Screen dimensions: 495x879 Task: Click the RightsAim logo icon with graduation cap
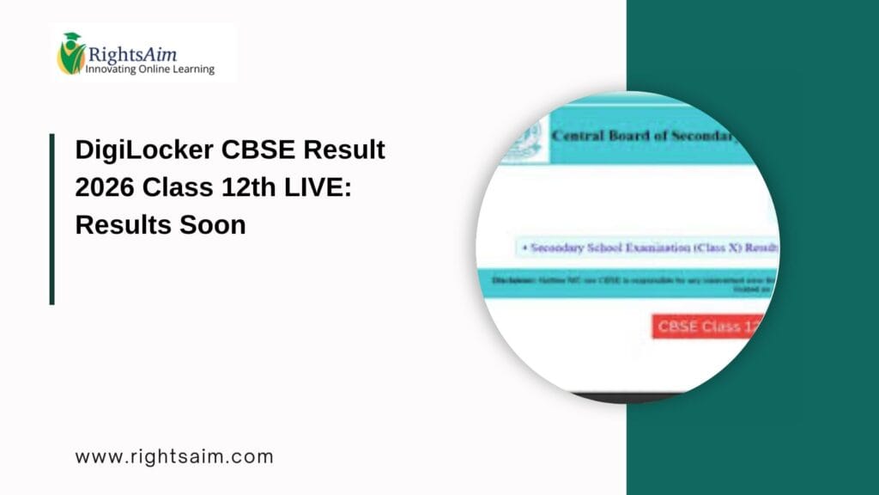click(x=70, y=53)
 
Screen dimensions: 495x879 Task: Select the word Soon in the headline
click(x=214, y=225)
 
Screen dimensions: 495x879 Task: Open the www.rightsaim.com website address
click(x=174, y=456)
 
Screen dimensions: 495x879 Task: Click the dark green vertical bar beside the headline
click(x=52, y=218)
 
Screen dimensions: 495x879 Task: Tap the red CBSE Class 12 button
click(x=707, y=327)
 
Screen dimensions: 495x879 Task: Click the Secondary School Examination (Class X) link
click(x=652, y=247)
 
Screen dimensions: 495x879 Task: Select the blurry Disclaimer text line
click(x=635, y=281)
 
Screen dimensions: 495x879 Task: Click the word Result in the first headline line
click(x=343, y=150)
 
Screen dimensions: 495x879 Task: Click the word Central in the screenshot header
click(x=578, y=136)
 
